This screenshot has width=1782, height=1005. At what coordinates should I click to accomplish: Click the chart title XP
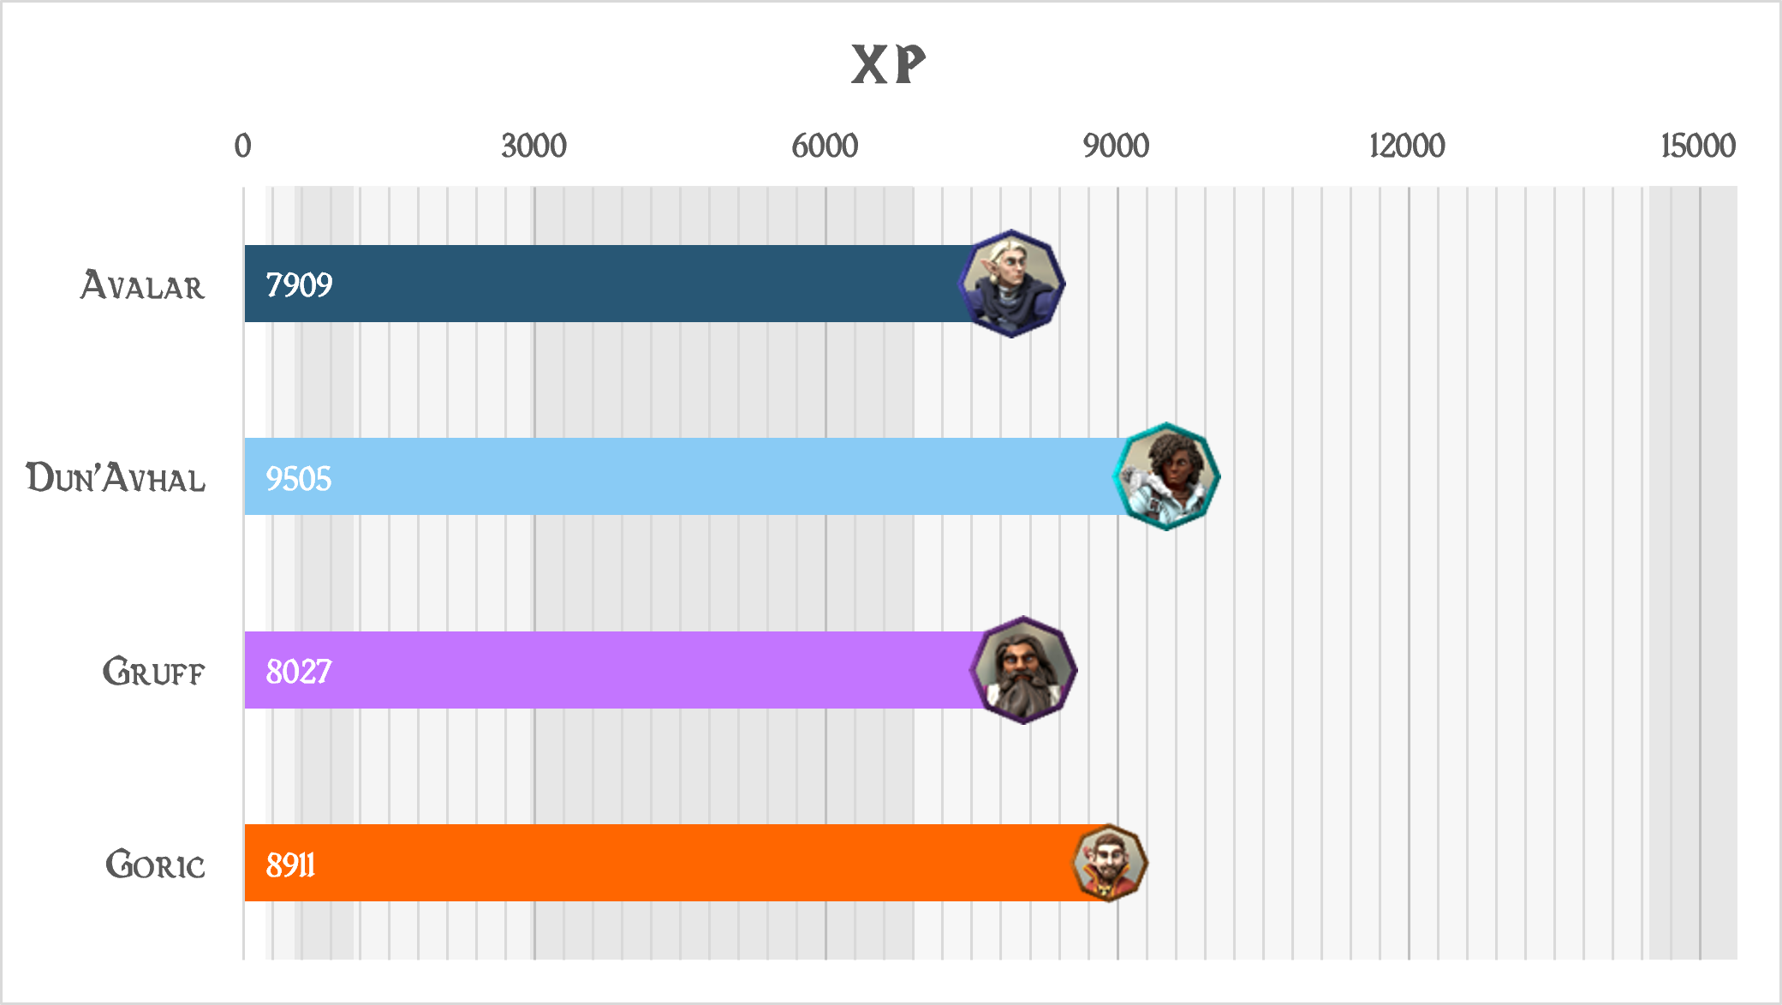[888, 64]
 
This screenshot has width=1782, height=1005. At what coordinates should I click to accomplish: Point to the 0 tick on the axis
[243, 146]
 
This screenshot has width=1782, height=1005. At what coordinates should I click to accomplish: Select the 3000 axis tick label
[533, 146]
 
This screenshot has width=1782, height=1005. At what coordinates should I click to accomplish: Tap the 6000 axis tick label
[825, 146]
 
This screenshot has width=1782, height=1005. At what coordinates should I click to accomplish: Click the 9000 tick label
[1116, 146]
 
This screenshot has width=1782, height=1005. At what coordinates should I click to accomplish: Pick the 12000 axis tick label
[1407, 146]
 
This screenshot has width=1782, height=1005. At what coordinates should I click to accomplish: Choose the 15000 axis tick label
[1697, 146]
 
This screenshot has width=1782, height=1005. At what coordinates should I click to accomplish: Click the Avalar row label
[143, 285]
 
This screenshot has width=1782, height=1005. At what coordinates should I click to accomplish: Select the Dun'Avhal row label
[116, 478]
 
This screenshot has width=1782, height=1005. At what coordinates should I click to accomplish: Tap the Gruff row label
[153, 672]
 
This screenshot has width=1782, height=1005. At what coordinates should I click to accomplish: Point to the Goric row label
[155, 864]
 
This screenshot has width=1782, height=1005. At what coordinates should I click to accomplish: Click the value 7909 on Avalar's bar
[299, 284]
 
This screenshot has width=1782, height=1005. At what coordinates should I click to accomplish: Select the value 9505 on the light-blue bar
[298, 478]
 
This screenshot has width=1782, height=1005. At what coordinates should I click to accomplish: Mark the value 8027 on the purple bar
[298, 672]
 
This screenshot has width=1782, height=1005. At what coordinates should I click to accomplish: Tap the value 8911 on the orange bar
[290, 864]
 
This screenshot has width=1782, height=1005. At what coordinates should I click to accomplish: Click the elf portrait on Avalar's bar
[1011, 284]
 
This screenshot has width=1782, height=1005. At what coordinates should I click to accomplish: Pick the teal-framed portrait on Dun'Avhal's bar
[1166, 476]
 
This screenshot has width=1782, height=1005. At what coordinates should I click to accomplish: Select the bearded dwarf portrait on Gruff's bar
[1023, 670]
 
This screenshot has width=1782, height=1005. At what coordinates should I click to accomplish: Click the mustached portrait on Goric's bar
[1110, 863]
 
